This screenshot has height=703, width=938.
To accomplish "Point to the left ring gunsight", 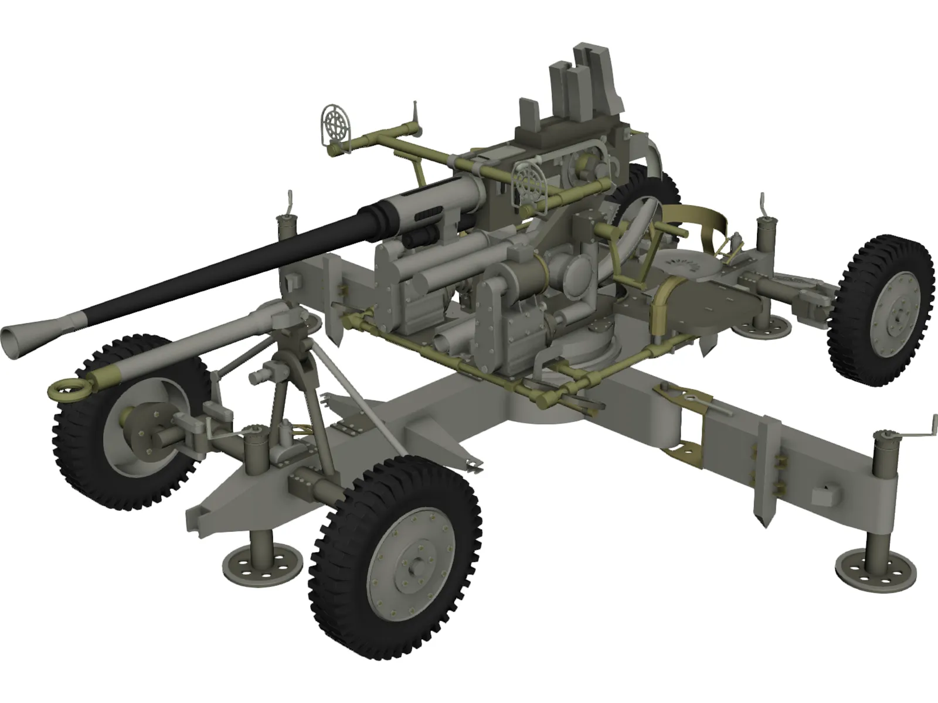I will pos(336,124).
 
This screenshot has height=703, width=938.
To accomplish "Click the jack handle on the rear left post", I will pos(290,203).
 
